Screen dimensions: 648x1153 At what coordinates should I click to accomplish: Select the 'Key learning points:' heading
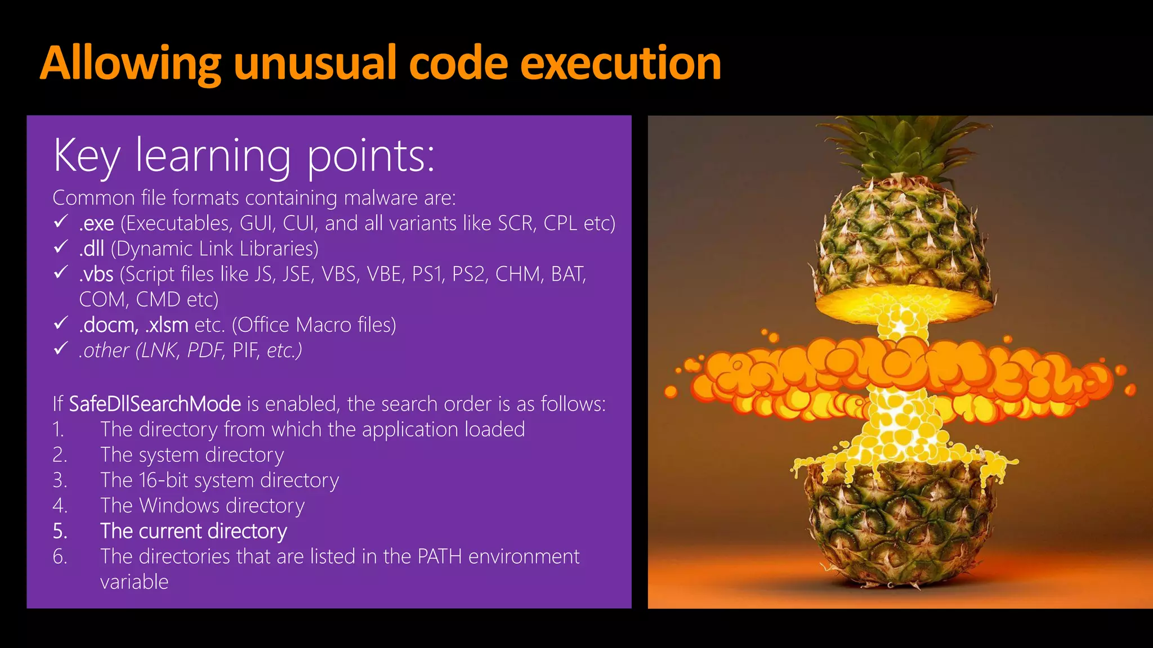(244, 156)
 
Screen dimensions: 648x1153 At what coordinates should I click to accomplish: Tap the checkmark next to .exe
(61, 222)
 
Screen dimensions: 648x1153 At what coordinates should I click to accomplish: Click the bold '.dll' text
(92, 249)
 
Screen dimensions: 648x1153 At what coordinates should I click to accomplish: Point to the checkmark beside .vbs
(61, 273)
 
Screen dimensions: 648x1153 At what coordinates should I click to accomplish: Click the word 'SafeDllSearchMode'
(155, 404)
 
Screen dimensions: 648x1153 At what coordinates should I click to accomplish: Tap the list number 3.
(59, 480)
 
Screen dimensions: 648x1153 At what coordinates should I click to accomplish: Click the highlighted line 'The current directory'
(194, 531)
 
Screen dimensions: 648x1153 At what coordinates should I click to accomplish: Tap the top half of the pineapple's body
(901, 242)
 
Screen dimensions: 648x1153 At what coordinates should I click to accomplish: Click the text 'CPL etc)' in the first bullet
(579, 223)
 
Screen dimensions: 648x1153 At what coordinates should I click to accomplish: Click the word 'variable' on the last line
(134, 582)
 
